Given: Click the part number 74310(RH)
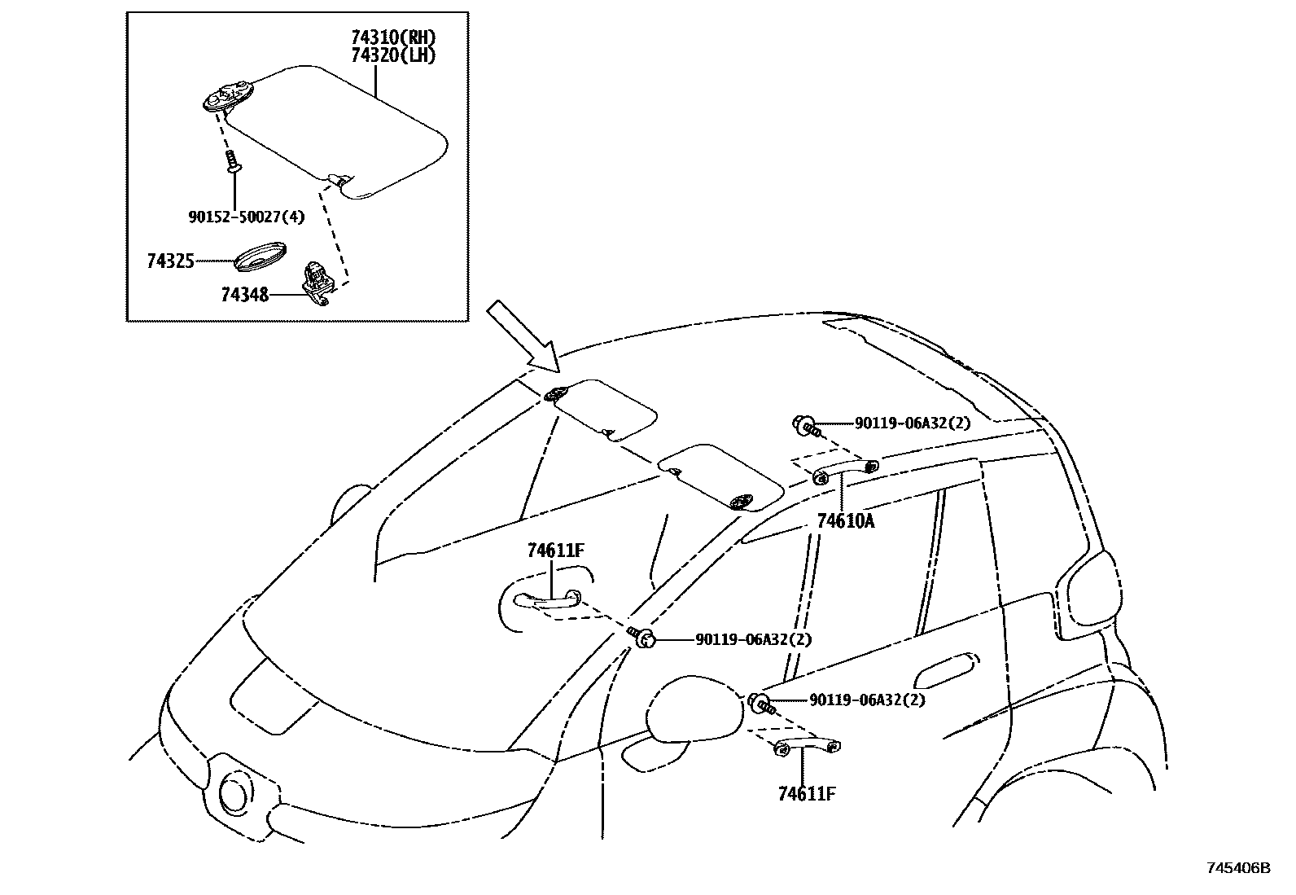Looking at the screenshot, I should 393,37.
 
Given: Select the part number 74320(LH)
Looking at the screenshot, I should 393,55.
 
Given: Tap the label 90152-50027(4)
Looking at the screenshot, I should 246,217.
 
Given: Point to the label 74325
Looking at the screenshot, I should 170,261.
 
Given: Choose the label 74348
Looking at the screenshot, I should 244,294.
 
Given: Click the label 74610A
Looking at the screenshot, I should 846,522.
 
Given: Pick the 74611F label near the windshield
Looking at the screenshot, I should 555,551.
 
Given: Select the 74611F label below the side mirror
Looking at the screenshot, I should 807,794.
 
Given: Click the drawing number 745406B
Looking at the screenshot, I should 1237,868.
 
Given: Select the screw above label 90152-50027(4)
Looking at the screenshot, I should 233,160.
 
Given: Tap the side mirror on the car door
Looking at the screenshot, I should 696,709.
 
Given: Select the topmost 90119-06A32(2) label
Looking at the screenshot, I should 912,423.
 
